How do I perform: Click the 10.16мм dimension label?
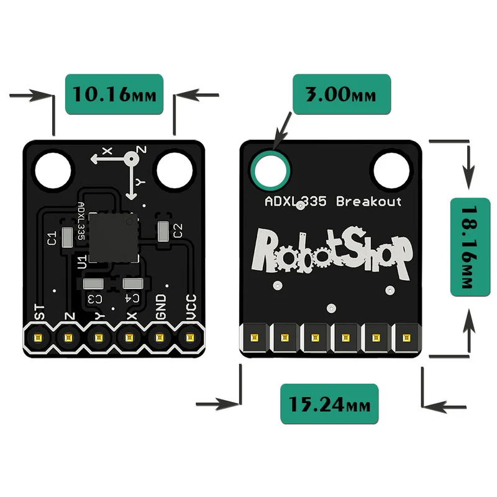click(x=114, y=94)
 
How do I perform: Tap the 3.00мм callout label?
click(x=342, y=94)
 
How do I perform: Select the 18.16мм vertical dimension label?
click(x=470, y=247)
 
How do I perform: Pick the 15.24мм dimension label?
click(x=329, y=404)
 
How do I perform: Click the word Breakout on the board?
click(x=368, y=201)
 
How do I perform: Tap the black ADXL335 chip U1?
click(x=114, y=237)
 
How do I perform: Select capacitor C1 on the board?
click(x=67, y=237)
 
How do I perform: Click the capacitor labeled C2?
click(x=163, y=231)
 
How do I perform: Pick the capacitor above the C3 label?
click(x=93, y=284)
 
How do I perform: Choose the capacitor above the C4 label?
click(x=133, y=283)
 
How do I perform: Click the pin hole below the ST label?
click(x=38, y=338)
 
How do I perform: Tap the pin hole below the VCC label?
click(x=189, y=337)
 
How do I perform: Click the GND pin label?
click(x=161, y=307)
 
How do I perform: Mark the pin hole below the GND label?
click(x=159, y=337)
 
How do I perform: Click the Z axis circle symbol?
click(x=131, y=159)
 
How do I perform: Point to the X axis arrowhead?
click(x=94, y=159)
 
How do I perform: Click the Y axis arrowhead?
click(x=131, y=196)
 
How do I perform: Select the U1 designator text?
click(x=82, y=262)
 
